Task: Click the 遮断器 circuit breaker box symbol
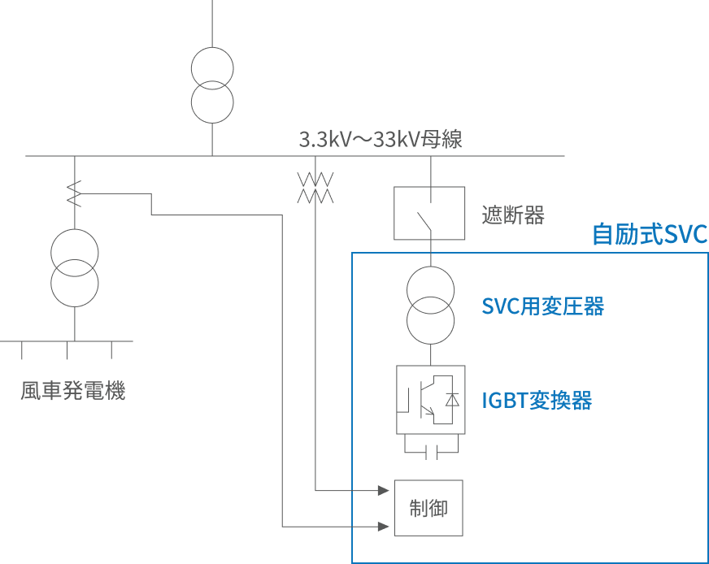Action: (x=429, y=213)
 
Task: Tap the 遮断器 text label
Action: (x=512, y=215)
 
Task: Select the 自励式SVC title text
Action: (x=649, y=234)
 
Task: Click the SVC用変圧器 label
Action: (x=542, y=306)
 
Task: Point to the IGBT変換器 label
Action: (x=536, y=401)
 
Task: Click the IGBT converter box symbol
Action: (x=431, y=400)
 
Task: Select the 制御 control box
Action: (x=428, y=508)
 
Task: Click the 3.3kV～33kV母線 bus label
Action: (x=381, y=139)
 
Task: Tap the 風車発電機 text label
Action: (x=73, y=392)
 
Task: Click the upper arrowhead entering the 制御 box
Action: (x=383, y=491)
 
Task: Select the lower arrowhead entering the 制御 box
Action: (x=383, y=526)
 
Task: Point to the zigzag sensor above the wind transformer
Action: (x=74, y=193)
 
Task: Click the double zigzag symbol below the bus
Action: (x=315, y=188)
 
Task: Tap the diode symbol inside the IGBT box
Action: (x=453, y=400)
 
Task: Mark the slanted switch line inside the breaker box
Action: (x=423, y=220)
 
